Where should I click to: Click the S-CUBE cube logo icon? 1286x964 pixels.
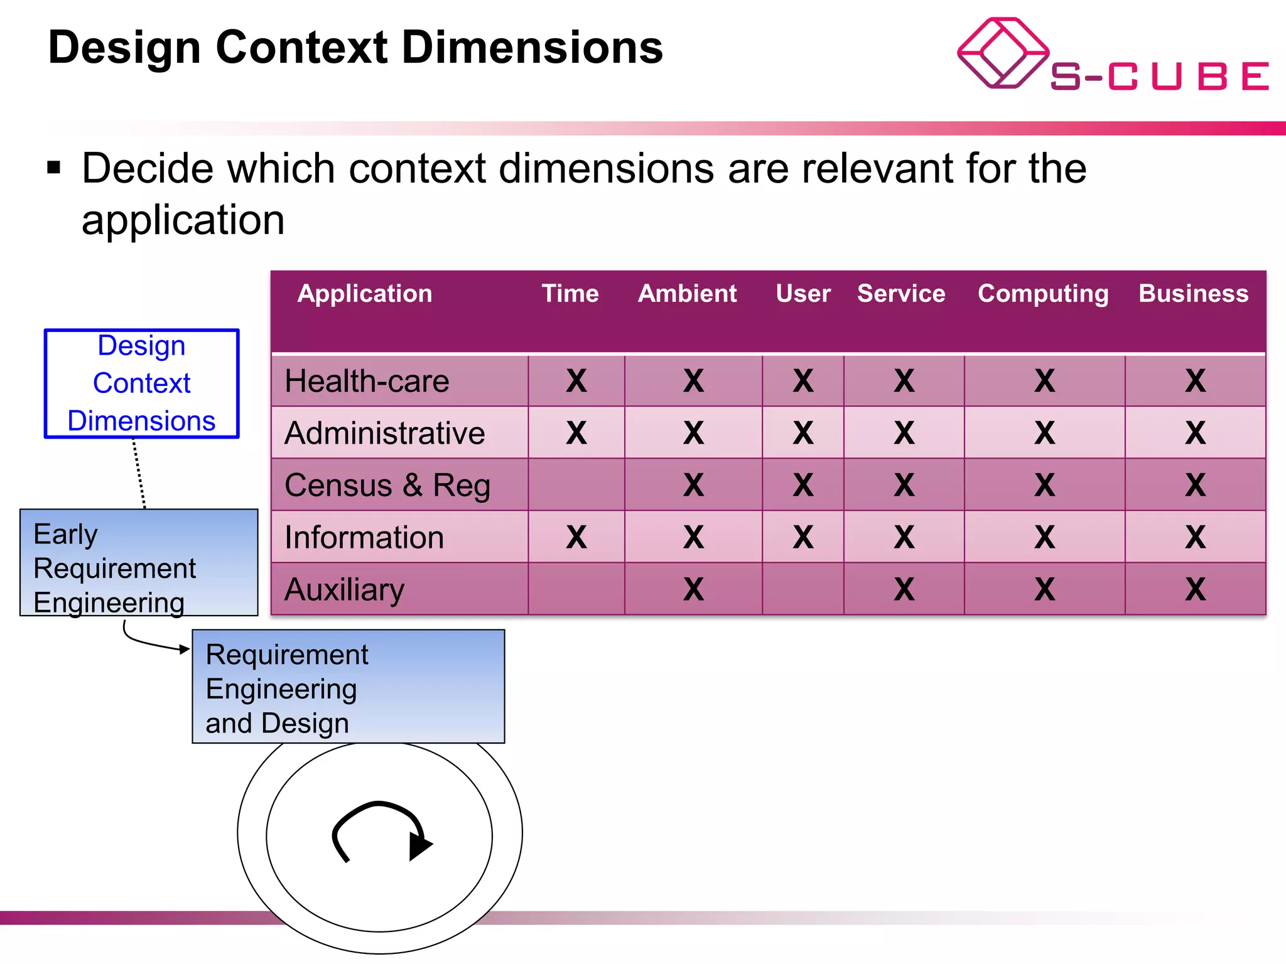tap(1002, 53)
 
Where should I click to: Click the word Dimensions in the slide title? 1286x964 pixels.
tap(532, 48)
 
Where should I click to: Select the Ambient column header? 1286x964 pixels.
tap(687, 294)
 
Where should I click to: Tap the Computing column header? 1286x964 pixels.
tap(1043, 294)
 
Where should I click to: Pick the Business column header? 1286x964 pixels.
tap(1194, 294)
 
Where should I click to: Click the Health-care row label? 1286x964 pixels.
tap(367, 382)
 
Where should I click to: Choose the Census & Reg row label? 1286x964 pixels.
tap(387, 486)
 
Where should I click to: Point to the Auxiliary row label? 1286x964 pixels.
tap(344, 590)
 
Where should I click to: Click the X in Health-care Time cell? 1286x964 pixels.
tap(576, 381)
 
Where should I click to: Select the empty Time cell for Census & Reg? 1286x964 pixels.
tap(576, 485)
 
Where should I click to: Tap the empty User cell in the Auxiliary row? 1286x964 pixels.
tap(803, 589)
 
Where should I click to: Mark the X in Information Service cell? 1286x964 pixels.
tap(904, 537)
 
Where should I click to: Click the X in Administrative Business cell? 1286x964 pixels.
tap(1196, 433)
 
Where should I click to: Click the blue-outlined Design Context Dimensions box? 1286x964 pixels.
tap(141, 383)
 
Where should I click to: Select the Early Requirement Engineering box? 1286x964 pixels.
tap(139, 563)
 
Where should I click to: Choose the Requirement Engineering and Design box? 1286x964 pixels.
tap(348, 687)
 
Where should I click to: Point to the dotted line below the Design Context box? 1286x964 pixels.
tap(139, 473)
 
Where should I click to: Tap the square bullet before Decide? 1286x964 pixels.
tap(54, 168)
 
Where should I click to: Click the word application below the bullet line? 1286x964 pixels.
tap(183, 220)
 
